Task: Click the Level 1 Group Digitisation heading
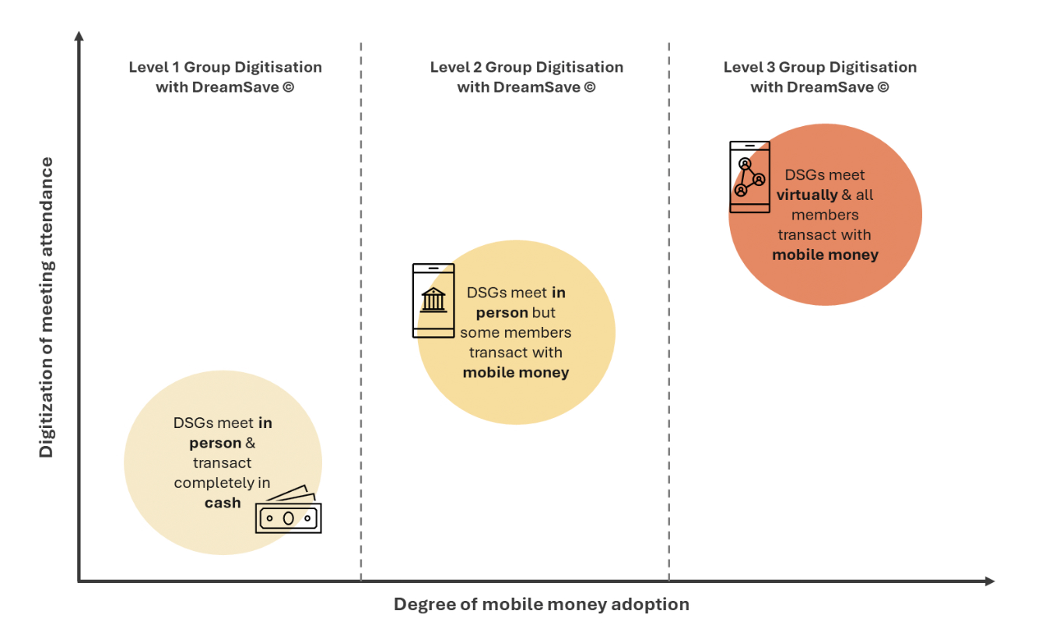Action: [x=225, y=77]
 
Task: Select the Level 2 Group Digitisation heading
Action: [x=526, y=77]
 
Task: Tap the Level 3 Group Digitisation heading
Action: [x=819, y=77]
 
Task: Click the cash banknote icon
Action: [x=288, y=513]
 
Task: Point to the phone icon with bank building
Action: [x=433, y=300]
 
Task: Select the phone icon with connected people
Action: [x=749, y=177]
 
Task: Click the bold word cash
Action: [x=223, y=503]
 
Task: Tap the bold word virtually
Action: [x=807, y=195]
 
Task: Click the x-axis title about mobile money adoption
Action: [x=541, y=604]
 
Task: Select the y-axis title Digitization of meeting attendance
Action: [x=47, y=307]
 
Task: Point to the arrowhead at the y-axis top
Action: [x=79, y=36]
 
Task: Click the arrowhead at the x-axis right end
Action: [x=989, y=581]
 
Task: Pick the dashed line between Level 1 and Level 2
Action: [x=361, y=311]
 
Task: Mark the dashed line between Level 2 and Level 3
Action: [x=669, y=311]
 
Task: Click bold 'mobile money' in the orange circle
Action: [x=825, y=255]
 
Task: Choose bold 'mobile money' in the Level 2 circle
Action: [x=516, y=372]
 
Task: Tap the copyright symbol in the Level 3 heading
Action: [x=882, y=87]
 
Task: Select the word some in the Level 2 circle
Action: [x=477, y=332]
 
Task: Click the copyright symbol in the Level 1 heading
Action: [x=289, y=87]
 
